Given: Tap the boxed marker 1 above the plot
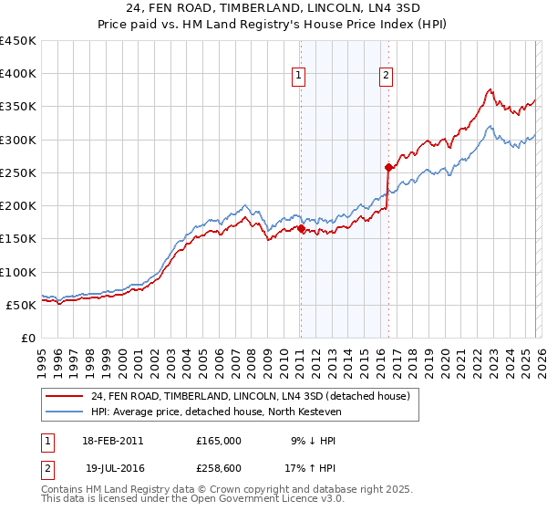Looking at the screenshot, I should click(x=299, y=76).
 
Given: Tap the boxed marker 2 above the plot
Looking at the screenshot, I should click(x=387, y=76).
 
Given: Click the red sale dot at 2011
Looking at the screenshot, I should click(x=300, y=229).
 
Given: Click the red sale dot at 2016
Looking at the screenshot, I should click(x=387, y=167).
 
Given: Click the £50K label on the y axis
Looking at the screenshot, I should click(x=22, y=305).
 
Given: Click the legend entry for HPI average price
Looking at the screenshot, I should click(x=215, y=412).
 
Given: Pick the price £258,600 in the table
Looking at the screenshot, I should click(x=219, y=467).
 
